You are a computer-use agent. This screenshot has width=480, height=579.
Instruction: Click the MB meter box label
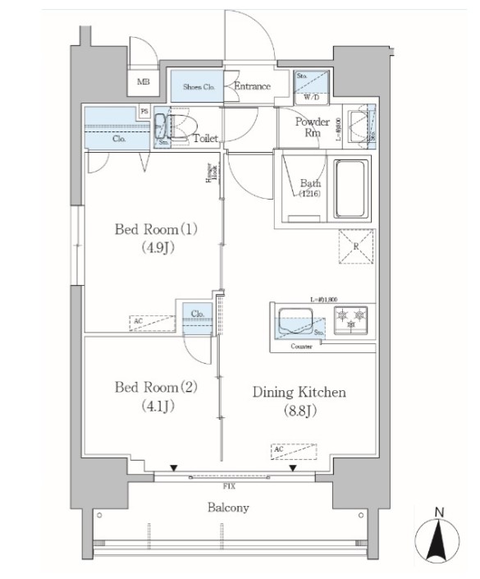point(144,81)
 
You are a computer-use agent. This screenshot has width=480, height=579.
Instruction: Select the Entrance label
point(252,86)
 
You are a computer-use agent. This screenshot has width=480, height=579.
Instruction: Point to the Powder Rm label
point(313,127)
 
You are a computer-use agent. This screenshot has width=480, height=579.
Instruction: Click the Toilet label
point(205,140)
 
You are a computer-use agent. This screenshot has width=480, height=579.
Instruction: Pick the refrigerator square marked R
point(357,246)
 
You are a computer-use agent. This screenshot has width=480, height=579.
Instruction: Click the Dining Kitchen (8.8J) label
point(298,400)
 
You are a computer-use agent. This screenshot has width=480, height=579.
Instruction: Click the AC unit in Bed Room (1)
point(153,323)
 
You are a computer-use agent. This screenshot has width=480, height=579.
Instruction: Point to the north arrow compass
point(440,543)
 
